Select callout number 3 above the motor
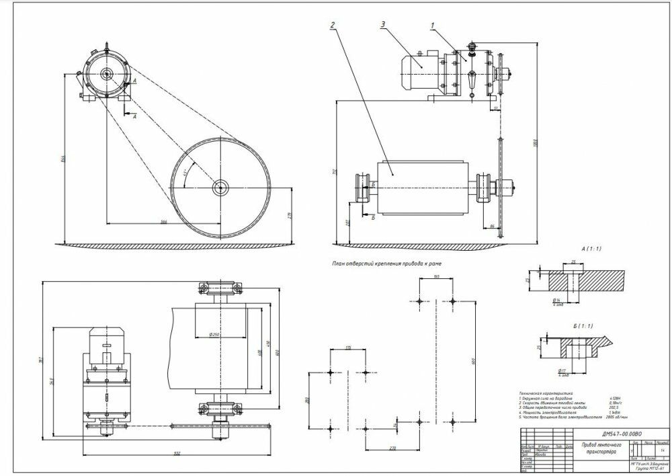coord(382,25)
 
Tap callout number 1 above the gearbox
coord(433,26)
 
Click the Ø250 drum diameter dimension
coord(216,334)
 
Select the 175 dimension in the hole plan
coord(347,348)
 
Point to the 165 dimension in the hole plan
coord(436,276)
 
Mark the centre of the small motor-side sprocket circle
coord(106,76)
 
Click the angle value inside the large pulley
coord(185,172)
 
